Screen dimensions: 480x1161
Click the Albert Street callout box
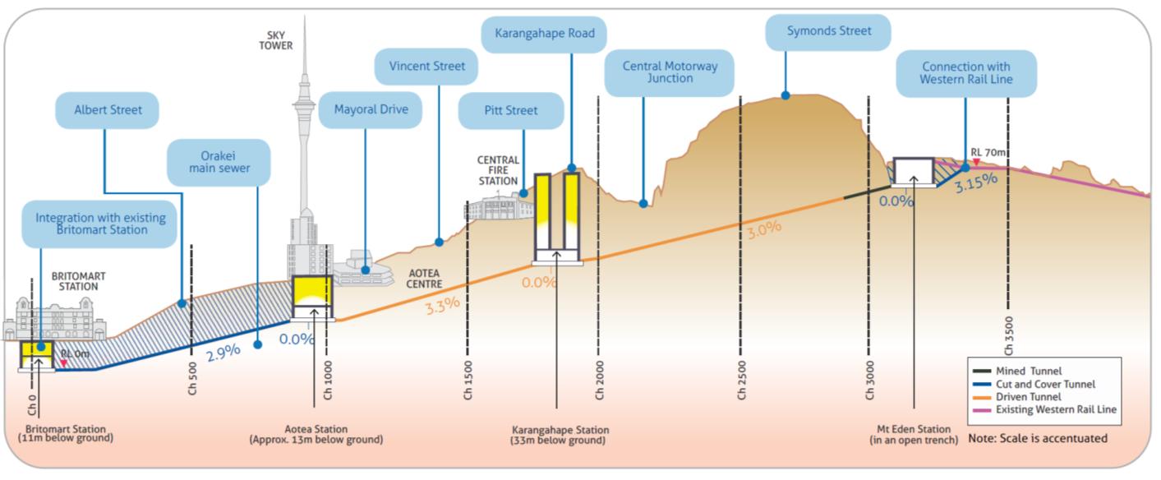[107, 109]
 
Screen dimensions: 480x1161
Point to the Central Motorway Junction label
[669, 72]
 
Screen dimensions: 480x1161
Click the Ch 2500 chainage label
[742, 380]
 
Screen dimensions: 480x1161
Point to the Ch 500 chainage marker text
[192, 380]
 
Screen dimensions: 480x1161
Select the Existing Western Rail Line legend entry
[1055, 408]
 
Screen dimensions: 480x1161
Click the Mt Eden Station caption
[914, 435]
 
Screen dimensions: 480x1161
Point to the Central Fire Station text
[498, 170]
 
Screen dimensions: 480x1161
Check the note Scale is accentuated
[1037, 438]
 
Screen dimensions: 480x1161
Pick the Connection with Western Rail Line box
[965, 73]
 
